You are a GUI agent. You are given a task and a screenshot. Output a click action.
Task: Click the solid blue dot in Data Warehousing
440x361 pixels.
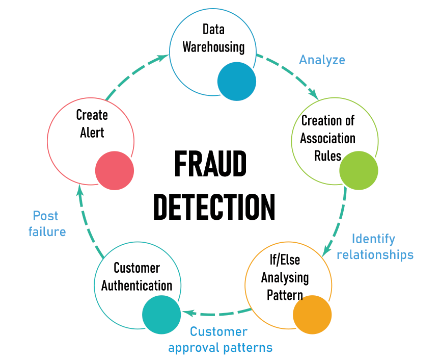pyautogui.click(x=237, y=82)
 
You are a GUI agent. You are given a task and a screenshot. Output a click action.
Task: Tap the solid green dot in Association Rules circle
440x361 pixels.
pyautogui.click(x=359, y=171)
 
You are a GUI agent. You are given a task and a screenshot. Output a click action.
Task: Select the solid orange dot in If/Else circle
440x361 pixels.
pyautogui.click(x=312, y=314)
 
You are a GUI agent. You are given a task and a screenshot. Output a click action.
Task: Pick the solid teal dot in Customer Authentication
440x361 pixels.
pyautogui.click(x=161, y=315)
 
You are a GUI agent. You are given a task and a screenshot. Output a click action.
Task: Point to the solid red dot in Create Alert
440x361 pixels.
pyautogui.click(x=115, y=171)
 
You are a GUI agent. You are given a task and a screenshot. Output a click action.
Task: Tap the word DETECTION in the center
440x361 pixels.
pyautogui.click(x=214, y=207)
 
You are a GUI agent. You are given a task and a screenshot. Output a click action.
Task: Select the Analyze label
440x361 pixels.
pyautogui.click(x=322, y=60)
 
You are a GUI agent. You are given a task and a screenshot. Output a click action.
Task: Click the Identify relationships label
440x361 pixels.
pyautogui.click(x=375, y=246)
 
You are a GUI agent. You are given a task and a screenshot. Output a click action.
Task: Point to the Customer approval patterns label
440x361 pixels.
pyautogui.click(x=220, y=340)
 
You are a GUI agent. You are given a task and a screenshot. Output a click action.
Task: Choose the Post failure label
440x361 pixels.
pyautogui.click(x=47, y=223)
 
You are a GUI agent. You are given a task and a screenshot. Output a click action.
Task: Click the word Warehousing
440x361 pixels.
pyautogui.click(x=213, y=47)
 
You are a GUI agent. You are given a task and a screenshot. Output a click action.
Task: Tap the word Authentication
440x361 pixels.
pyautogui.click(x=136, y=285)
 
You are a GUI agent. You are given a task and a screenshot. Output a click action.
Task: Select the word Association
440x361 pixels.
pyautogui.click(x=327, y=138)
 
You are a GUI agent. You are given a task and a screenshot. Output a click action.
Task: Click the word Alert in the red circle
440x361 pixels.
pyautogui.click(x=92, y=133)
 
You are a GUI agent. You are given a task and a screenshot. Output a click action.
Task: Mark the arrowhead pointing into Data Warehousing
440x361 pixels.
pyautogui.click(x=164, y=58)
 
